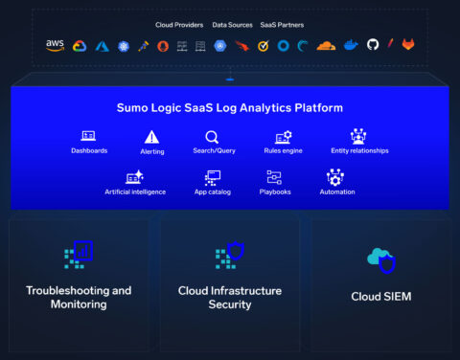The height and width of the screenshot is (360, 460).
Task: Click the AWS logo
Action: (55, 45)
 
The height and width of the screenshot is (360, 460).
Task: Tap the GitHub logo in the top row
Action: (373, 45)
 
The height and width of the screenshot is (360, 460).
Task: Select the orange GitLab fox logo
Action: (408, 45)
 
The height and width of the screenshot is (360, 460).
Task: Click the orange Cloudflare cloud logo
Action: (325, 45)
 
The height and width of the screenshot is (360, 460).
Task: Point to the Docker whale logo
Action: (351, 45)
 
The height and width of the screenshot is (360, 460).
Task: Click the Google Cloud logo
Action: (79, 45)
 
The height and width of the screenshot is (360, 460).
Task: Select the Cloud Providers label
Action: (179, 25)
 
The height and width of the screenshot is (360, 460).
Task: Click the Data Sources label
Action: (233, 25)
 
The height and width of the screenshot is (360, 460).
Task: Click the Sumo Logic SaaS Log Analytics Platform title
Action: (230, 108)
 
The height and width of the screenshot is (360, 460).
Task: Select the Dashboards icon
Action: (89, 137)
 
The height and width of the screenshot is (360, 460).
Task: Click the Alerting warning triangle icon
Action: (151, 137)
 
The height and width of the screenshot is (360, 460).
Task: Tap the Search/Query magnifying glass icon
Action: (212, 137)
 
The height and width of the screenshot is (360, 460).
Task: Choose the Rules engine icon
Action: (284, 137)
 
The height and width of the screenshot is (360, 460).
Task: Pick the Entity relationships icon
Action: (358, 137)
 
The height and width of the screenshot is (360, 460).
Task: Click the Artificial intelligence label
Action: (135, 191)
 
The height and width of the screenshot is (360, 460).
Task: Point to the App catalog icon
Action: (214, 177)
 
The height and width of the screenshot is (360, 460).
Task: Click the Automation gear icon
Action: (335, 177)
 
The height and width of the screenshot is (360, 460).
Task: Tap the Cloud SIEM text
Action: (381, 297)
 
